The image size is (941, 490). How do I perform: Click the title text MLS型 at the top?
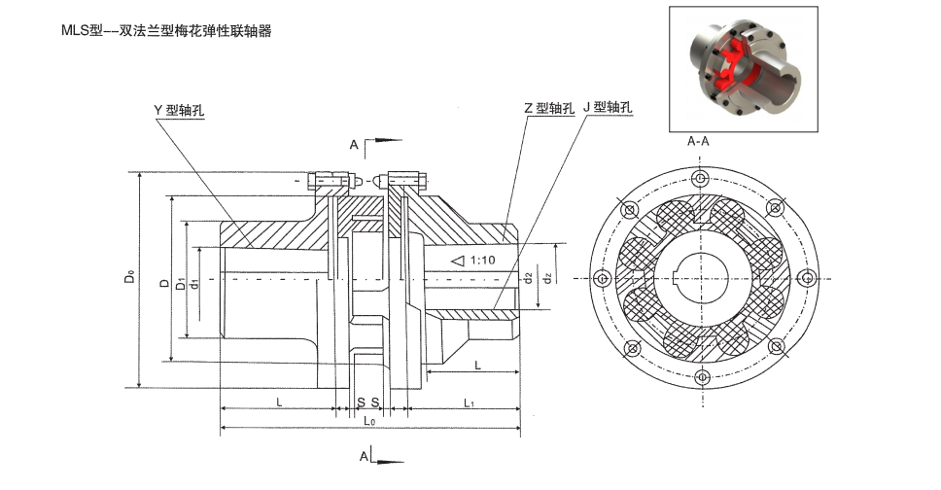point(84,31)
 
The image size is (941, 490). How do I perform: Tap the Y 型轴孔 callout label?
point(186,110)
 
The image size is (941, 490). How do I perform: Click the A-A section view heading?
point(698,142)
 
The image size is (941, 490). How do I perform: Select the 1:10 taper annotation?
point(481,261)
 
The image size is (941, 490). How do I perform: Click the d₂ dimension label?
point(527,278)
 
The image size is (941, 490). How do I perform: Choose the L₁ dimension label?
point(468,402)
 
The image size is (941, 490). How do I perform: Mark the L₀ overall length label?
point(369,422)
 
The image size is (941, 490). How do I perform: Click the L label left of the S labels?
point(280,402)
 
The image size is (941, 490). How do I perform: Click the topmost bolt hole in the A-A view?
point(699,179)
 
